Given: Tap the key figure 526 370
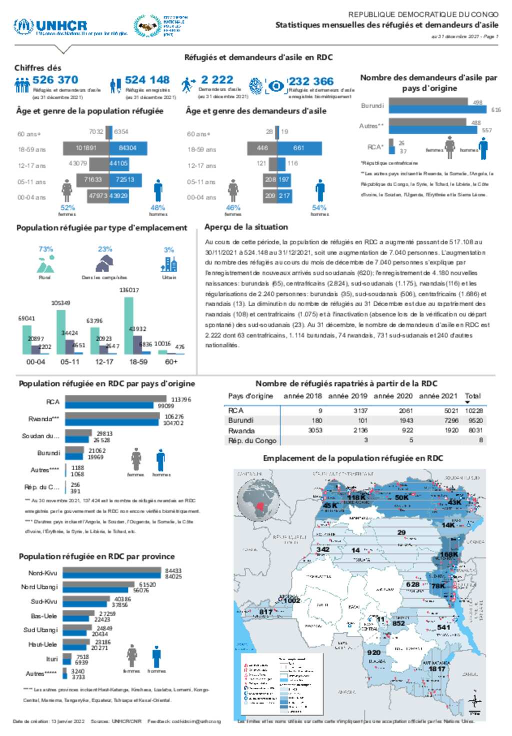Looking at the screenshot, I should [x=55, y=80].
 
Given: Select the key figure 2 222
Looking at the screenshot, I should [x=217, y=80].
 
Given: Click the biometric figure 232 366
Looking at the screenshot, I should [x=310, y=81].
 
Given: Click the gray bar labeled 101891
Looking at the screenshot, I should [x=86, y=148].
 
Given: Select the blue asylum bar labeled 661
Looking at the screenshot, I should [x=299, y=148].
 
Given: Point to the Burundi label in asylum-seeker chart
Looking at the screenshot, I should [x=372, y=106].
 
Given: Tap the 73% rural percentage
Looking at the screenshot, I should [x=45, y=249].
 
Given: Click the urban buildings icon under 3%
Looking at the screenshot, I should [x=169, y=263].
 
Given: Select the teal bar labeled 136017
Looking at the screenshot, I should [x=128, y=325].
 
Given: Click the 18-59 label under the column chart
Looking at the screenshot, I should [x=138, y=361].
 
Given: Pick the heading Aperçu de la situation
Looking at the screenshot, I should [x=246, y=227].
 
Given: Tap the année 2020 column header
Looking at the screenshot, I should [x=393, y=396].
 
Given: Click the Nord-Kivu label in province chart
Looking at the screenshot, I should [x=42, y=573].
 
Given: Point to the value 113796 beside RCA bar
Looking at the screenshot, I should [x=181, y=399].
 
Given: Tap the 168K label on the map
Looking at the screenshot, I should [x=448, y=554].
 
